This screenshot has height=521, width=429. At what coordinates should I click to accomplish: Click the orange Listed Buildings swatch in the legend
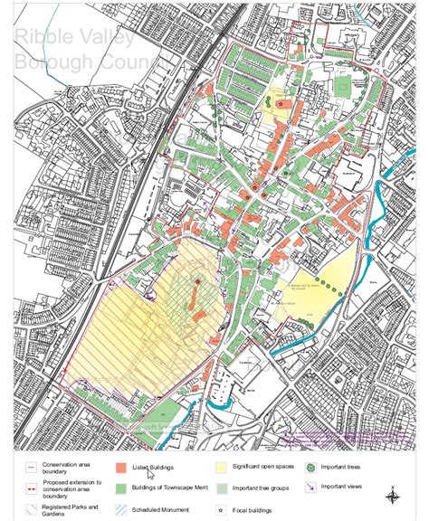tap(120, 468)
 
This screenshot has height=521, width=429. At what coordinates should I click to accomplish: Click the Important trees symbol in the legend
tap(310, 468)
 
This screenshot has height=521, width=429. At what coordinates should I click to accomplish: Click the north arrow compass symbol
tap(392, 496)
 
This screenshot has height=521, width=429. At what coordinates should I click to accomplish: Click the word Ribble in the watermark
tap(42, 37)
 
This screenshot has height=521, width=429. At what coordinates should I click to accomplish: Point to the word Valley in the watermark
tap(108, 37)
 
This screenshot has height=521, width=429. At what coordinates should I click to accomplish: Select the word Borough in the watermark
tap(51, 62)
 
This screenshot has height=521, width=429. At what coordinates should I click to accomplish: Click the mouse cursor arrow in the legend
tap(152, 472)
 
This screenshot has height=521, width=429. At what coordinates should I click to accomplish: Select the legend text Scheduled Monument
tap(161, 509)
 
